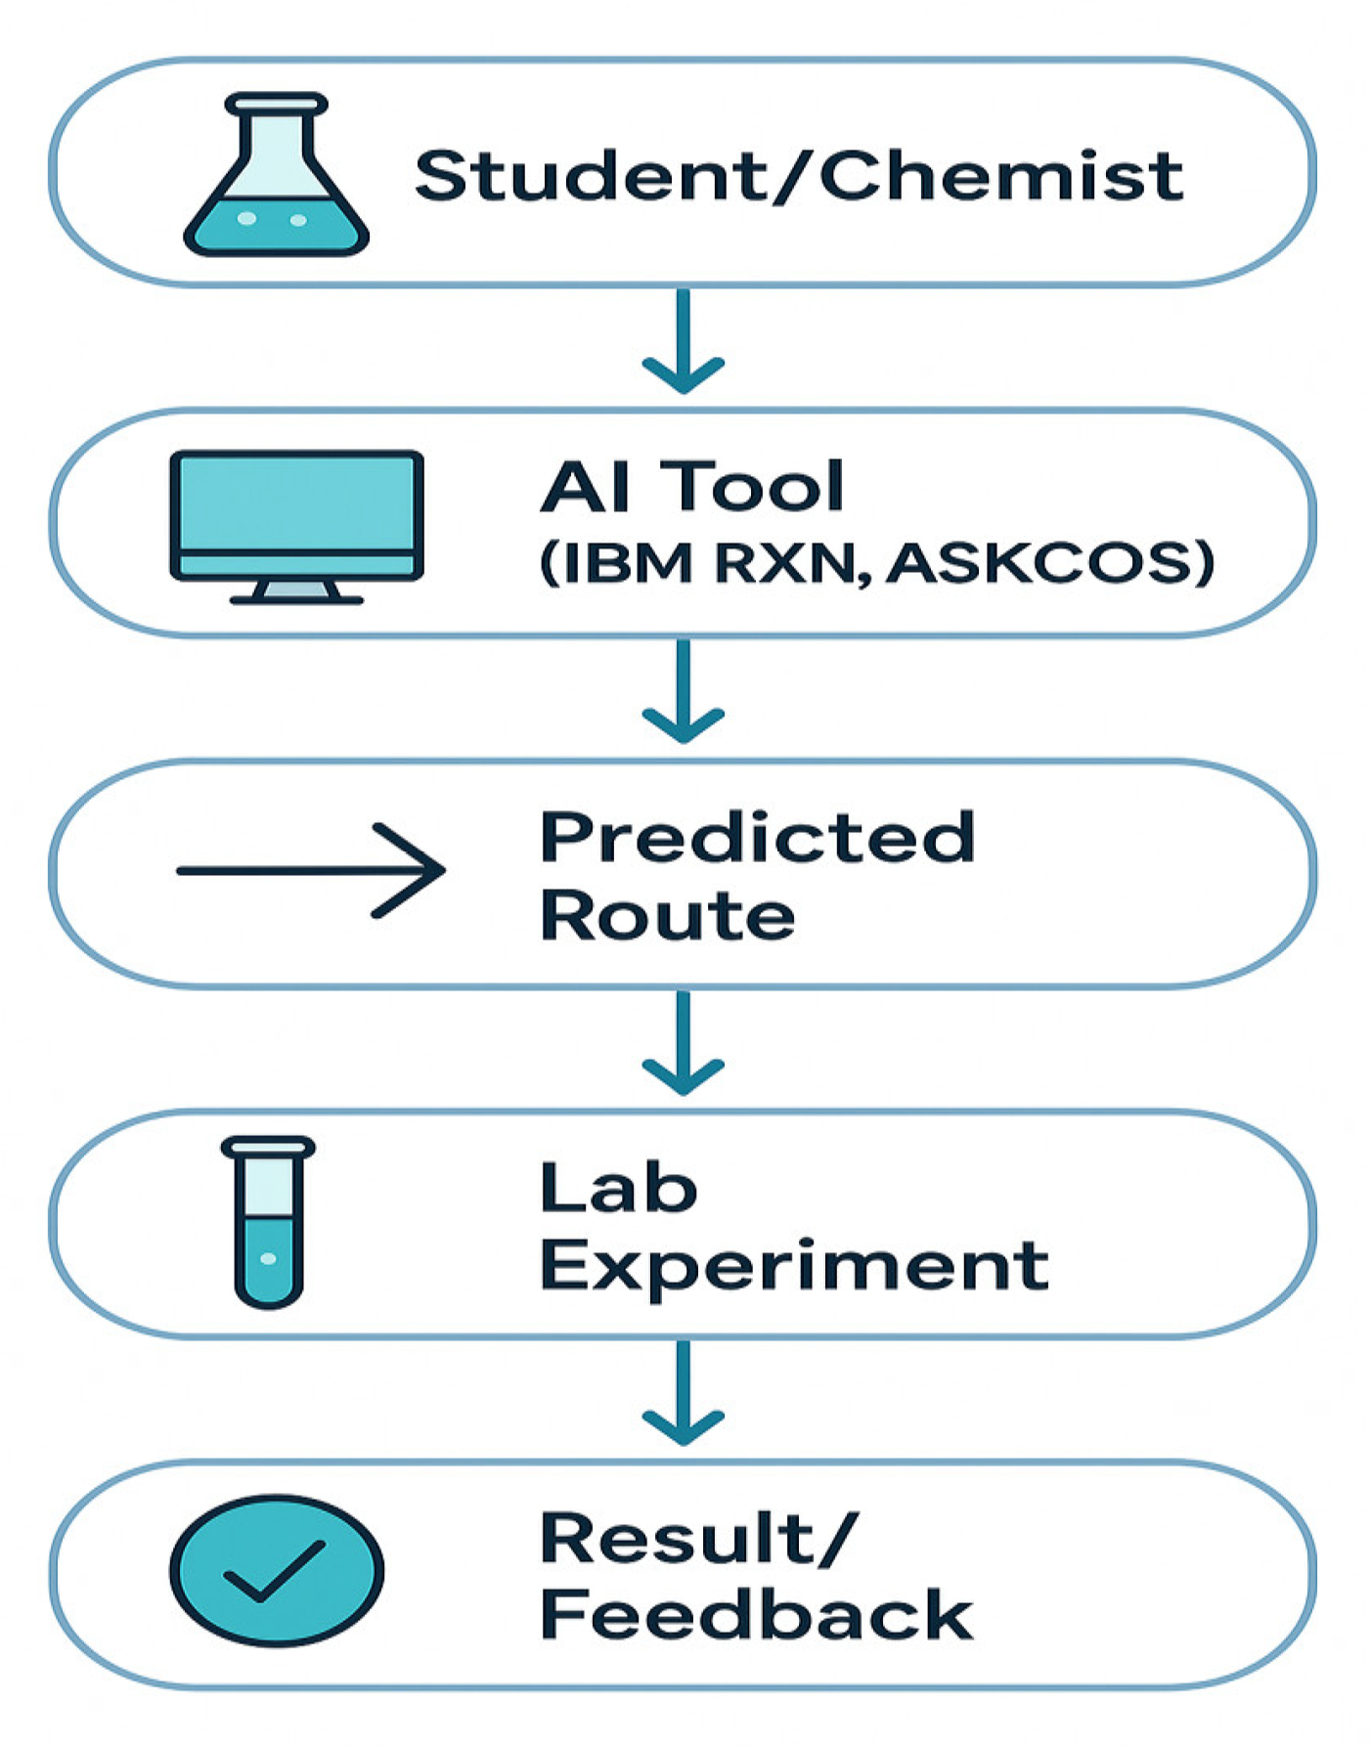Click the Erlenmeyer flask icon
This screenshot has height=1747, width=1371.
[x=276, y=176]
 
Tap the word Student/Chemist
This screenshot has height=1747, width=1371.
[x=798, y=176]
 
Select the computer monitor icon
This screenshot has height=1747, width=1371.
[x=296, y=526]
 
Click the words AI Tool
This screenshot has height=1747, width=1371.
[x=691, y=486]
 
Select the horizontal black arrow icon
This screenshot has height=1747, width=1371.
[x=310, y=870]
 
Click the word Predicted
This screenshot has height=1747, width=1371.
[x=758, y=837]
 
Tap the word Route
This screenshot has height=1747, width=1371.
[x=668, y=915]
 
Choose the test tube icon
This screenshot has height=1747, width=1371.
[x=269, y=1222]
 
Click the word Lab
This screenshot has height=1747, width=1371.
[x=618, y=1187]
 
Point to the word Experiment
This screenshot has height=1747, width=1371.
[x=794, y=1267]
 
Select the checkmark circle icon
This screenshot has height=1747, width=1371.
[x=277, y=1570]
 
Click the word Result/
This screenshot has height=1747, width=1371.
[x=699, y=1537]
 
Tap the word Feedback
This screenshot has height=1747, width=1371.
[x=756, y=1615]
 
